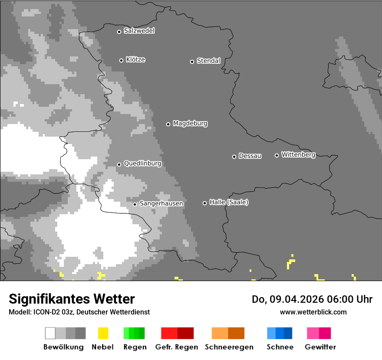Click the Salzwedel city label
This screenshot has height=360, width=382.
[x=139, y=31]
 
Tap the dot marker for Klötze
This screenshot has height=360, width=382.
[x=121, y=60]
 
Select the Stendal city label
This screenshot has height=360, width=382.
[x=208, y=61]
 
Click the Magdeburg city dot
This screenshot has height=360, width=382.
[x=168, y=124]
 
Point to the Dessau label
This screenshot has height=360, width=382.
[x=250, y=156]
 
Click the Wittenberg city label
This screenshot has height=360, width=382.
[x=298, y=154]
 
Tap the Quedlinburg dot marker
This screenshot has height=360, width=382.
[x=119, y=164]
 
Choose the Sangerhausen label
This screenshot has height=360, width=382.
[x=161, y=203]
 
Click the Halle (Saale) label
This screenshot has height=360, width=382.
[x=229, y=202]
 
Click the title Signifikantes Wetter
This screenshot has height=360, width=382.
[x=72, y=299]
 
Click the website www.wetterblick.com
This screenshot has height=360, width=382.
[x=313, y=312]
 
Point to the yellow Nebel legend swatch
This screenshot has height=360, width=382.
[x=103, y=333]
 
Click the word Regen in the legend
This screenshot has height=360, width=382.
[x=135, y=347]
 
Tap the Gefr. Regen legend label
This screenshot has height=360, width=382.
[x=177, y=347]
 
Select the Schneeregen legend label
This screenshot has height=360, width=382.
[x=229, y=347]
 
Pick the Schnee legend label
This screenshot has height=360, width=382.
[x=280, y=347]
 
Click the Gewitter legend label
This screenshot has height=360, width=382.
[x=320, y=347]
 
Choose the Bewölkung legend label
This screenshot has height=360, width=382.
[x=63, y=347]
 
